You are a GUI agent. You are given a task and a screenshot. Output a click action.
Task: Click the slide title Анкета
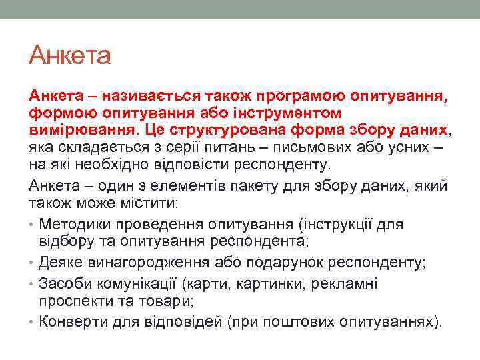[69, 55]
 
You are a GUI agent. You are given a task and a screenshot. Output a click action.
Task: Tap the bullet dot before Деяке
[32, 262]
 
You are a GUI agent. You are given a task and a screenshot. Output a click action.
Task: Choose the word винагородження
[149, 262]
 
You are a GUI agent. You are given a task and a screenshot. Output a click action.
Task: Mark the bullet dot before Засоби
[32, 284]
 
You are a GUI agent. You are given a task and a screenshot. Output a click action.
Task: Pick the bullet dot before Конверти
[32, 322]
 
